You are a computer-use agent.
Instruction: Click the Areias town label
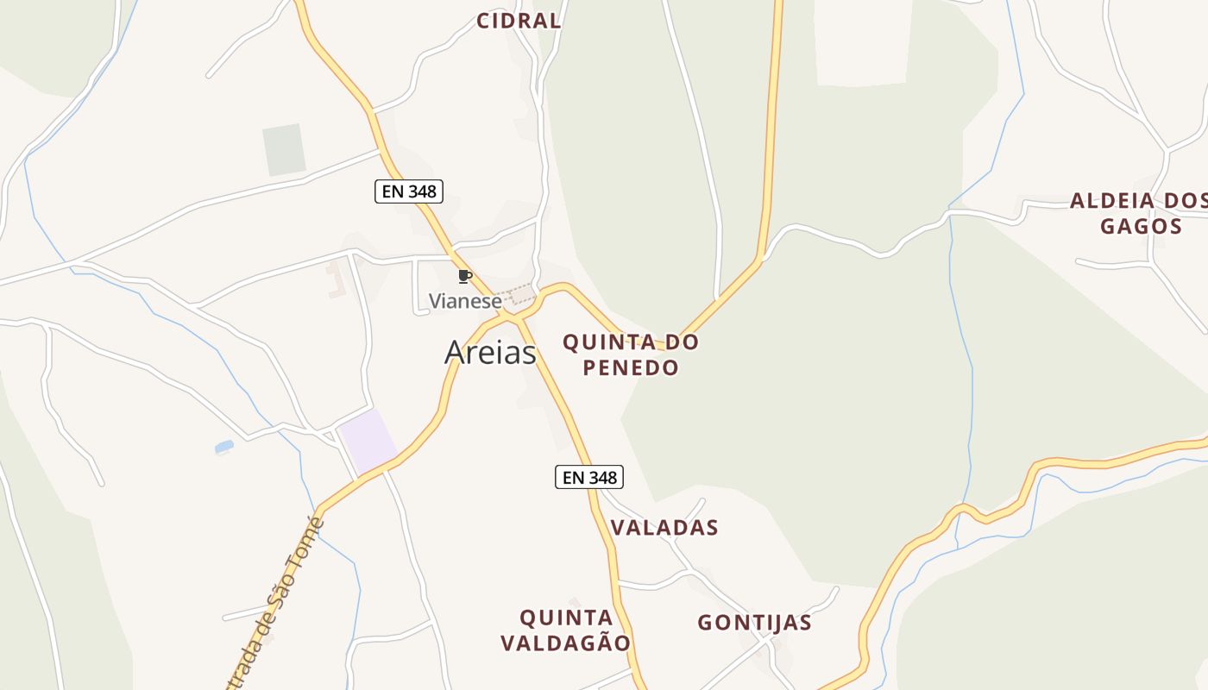(490, 352)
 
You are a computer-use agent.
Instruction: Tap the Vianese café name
(465, 302)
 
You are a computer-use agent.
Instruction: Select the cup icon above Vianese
(465, 277)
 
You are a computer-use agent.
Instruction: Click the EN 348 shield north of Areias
(409, 191)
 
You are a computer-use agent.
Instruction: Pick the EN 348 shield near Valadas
(588, 477)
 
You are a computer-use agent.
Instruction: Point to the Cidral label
(519, 22)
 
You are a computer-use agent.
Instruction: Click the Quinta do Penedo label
(630, 354)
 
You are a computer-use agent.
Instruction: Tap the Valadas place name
(664, 528)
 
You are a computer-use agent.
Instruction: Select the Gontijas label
(754, 623)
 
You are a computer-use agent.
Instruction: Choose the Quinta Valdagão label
(566, 630)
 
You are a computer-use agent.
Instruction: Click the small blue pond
(224, 447)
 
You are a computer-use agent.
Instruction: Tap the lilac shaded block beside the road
(367, 441)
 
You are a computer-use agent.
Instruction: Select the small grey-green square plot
(284, 150)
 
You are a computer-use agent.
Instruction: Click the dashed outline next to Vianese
(520, 295)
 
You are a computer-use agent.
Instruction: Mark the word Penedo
(630, 367)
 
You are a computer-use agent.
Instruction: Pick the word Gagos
(1140, 227)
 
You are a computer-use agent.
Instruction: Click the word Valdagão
(566, 643)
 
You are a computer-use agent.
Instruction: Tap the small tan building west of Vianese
(335, 281)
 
